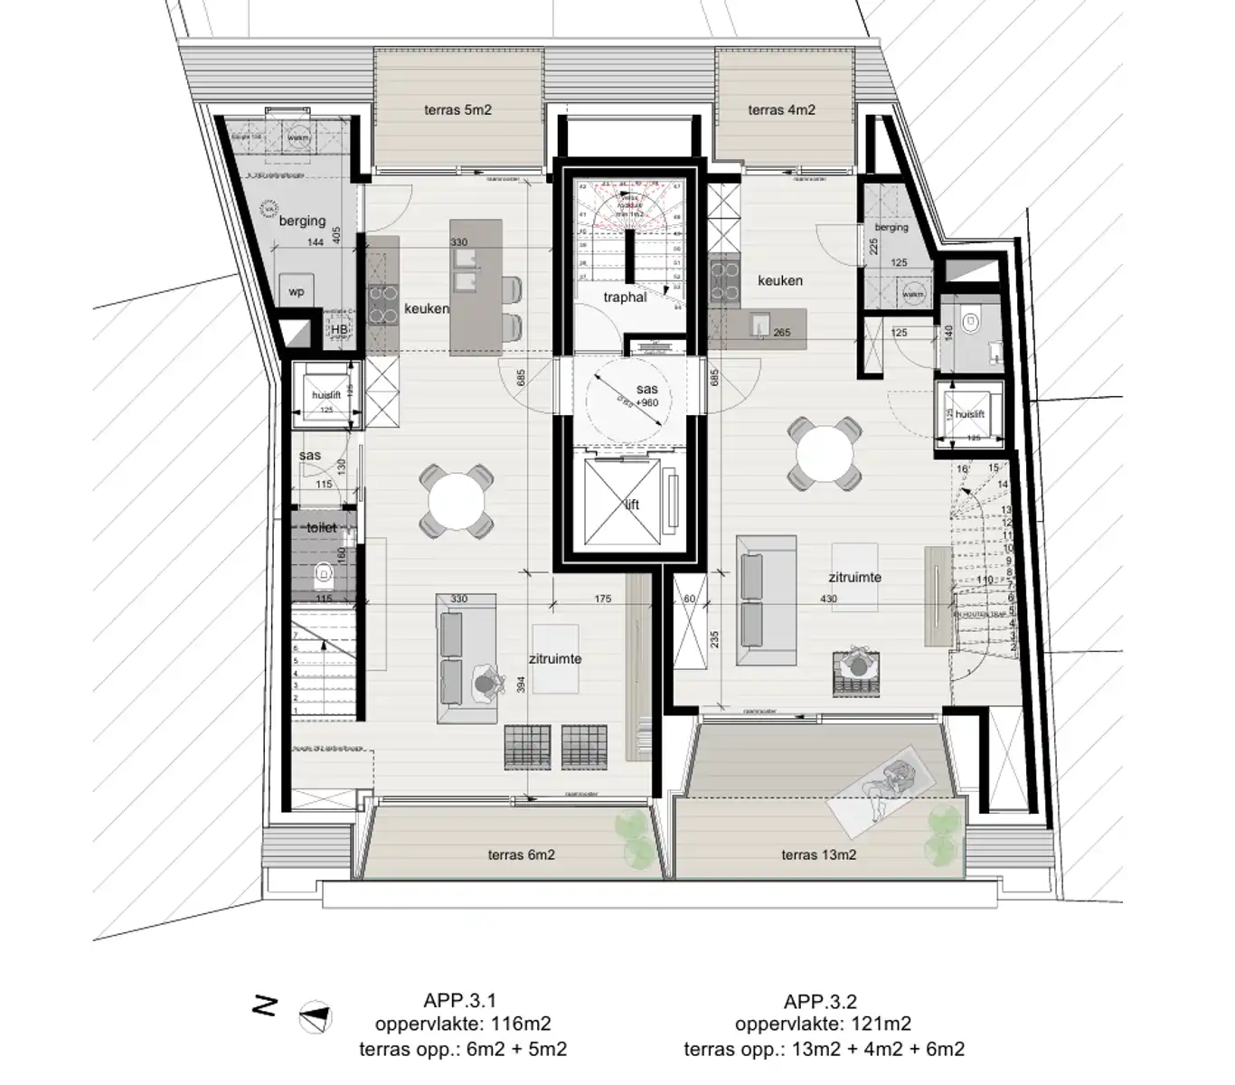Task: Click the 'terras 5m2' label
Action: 457,110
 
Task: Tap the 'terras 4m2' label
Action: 781,110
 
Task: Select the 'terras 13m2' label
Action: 818,854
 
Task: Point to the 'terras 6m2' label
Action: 521,854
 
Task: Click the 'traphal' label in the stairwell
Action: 625,297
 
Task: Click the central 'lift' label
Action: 632,504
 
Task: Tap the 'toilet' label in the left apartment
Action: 321,527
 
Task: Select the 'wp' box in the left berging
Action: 296,292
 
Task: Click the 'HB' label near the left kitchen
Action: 339,331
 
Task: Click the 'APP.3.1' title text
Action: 459,1001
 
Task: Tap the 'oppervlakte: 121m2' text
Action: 823,1024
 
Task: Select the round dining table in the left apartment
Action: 457,501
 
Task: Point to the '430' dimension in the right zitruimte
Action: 828,599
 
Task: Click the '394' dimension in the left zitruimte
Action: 520,685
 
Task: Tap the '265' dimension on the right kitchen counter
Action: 782,333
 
